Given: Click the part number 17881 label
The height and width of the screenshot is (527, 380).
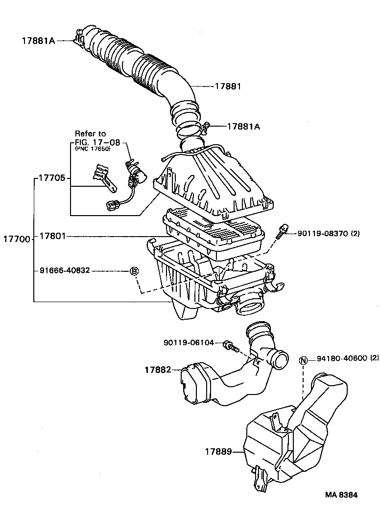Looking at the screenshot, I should (x=228, y=86).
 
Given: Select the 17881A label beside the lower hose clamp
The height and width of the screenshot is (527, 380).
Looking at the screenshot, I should (x=243, y=126).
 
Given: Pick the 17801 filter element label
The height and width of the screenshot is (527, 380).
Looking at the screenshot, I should (x=52, y=236).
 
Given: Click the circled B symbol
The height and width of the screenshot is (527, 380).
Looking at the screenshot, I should (x=134, y=271).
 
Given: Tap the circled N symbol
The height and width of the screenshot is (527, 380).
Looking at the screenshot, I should (x=303, y=361).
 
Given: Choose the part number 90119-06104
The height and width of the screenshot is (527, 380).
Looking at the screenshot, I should (x=189, y=343).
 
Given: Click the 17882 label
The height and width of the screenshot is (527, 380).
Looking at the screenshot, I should (x=157, y=370).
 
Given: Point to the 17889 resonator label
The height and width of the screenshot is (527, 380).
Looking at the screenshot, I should (x=218, y=452).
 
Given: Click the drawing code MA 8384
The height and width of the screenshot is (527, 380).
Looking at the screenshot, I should (x=341, y=494).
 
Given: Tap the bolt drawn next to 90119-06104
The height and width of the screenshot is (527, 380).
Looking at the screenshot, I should (x=230, y=346).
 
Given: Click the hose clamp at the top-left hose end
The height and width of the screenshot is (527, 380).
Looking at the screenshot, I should (x=78, y=38).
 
